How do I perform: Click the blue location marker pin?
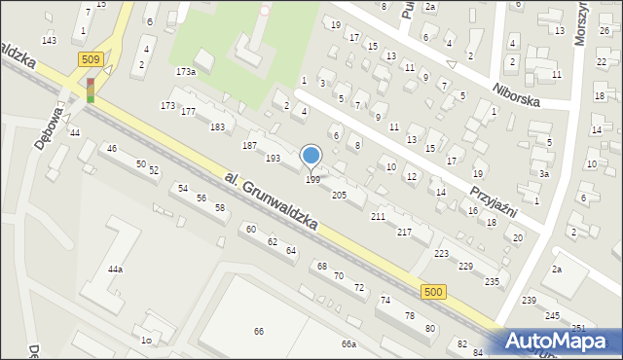click(x=311, y=157)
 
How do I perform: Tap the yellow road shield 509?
click(x=90, y=60)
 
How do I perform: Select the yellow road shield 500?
click(x=435, y=292)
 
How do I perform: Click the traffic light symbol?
click(x=91, y=90)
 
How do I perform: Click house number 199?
click(x=312, y=180)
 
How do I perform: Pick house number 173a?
click(x=185, y=72)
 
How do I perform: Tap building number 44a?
click(x=116, y=269)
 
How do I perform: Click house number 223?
click(x=441, y=253)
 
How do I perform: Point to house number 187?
click(x=249, y=145)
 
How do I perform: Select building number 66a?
click(x=348, y=344)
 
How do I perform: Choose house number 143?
click(x=49, y=40)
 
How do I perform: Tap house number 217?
click(x=403, y=232)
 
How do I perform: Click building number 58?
click(x=220, y=208)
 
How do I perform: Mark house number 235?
click(x=492, y=281)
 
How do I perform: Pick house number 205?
click(x=339, y=196)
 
